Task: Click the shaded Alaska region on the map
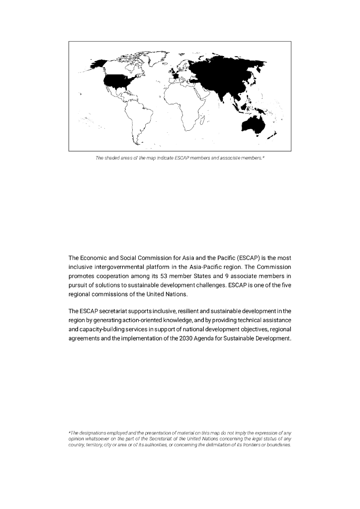click(99, 64)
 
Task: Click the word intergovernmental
click(127, 267)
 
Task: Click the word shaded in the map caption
click(110, 158)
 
